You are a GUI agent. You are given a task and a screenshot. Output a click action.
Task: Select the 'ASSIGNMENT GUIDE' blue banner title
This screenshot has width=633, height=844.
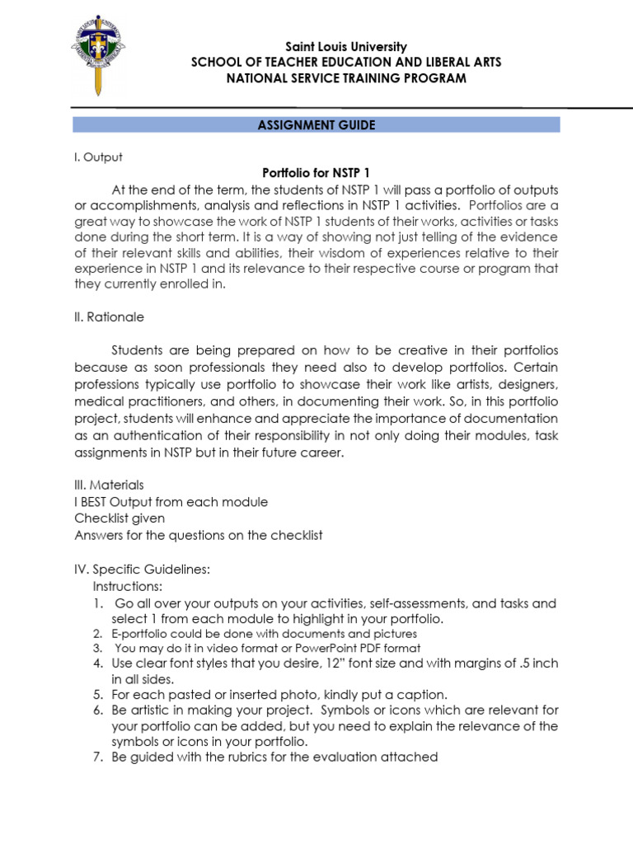tap(316, 125)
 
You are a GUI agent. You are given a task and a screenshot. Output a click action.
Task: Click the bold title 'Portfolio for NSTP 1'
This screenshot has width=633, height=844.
tap(316, 172)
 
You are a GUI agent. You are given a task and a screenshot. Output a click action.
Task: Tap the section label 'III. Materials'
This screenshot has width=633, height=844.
tap(109, 485)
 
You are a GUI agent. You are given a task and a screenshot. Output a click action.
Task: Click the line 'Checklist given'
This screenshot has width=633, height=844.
tap(120, 518)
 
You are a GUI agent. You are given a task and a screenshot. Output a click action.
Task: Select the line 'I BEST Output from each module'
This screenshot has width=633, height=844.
tap(171, 502)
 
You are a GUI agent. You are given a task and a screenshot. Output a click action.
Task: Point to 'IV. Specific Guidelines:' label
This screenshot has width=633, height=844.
tap(143, 570)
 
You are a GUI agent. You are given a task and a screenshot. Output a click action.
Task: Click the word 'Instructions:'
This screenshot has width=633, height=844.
tap(128, 586)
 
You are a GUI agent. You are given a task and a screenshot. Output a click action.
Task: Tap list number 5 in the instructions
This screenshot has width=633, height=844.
tap(96, 695)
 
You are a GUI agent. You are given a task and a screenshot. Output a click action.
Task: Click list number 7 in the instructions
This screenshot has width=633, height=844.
tap(96, 757)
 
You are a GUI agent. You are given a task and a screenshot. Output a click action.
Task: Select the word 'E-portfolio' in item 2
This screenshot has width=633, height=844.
tap(138, 634)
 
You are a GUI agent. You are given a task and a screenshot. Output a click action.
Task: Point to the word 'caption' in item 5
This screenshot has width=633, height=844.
tap(424, 695)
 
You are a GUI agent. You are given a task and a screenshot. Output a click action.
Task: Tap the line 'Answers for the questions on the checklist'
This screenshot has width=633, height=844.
tap(199, 535)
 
